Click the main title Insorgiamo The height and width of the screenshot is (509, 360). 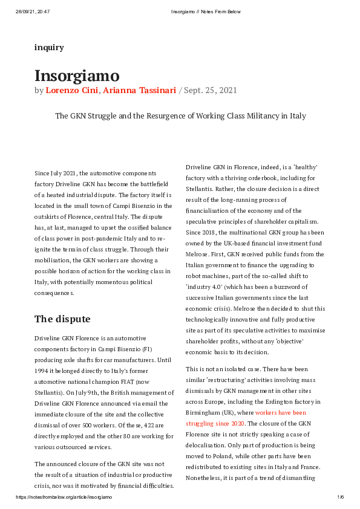(77, 76)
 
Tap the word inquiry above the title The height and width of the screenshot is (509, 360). (49, 47)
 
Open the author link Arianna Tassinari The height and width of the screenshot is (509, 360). (139, 91)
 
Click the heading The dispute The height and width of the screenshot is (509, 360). (62, 319)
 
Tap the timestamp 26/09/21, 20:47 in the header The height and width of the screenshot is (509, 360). (32, 11)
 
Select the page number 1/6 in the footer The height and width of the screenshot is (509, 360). (340, 497)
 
